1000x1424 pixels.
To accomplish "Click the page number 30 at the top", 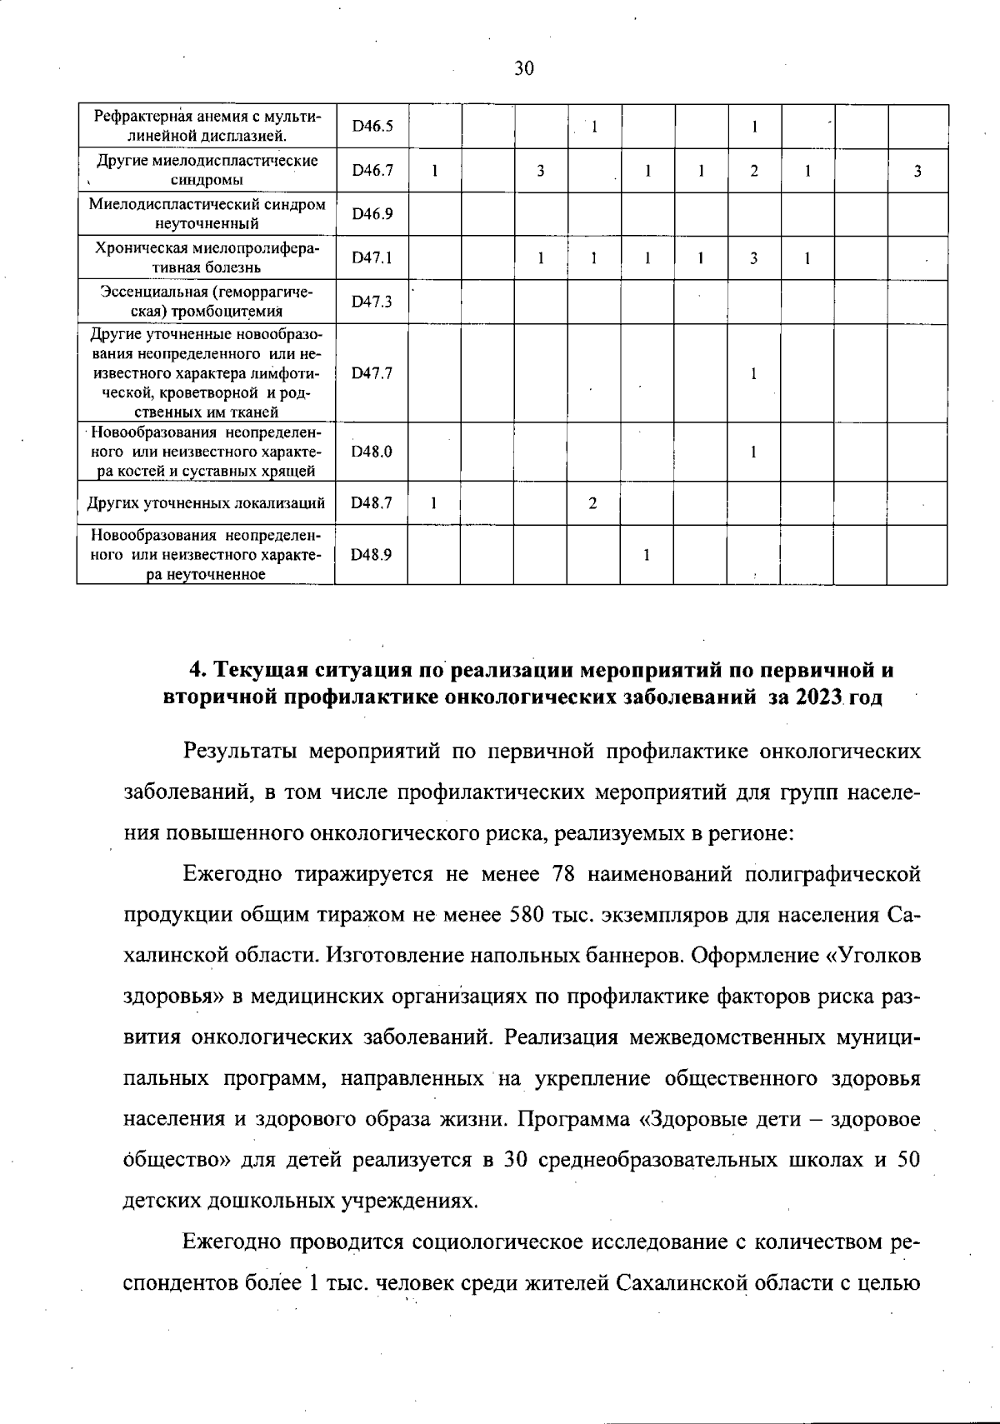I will click(523, 68).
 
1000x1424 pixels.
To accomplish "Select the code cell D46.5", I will click(372, 127).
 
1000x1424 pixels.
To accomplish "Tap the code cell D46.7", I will click(372, 171).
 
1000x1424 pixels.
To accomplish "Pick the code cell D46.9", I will click(372, 214).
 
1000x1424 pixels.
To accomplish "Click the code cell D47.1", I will click(372, 258).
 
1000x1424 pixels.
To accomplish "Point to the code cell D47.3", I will click(372, 302).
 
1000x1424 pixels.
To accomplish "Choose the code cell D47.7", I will click(372, 373).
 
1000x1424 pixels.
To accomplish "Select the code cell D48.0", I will click(372, 452).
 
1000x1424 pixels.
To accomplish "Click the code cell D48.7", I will click(372, 503).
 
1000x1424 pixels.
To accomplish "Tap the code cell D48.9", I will click(372, 554).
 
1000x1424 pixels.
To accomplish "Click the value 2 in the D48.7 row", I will click(592, 503).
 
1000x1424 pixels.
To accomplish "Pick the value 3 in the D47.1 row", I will click(753, 258).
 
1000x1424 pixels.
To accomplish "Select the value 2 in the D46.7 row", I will click(753, 171).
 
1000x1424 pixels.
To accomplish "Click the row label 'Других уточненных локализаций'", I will click(206, 503).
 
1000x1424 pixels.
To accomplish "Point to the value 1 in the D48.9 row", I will click(647, 554).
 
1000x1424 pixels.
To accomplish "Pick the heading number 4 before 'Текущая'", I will click(196, 671).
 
